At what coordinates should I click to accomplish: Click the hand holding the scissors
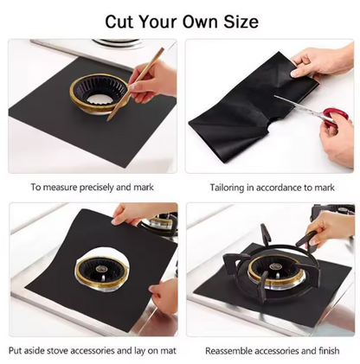[x=336, y=138]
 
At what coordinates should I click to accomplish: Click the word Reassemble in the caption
[x=231, y=350]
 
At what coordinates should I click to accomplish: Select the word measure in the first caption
[x=60, y=186]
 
